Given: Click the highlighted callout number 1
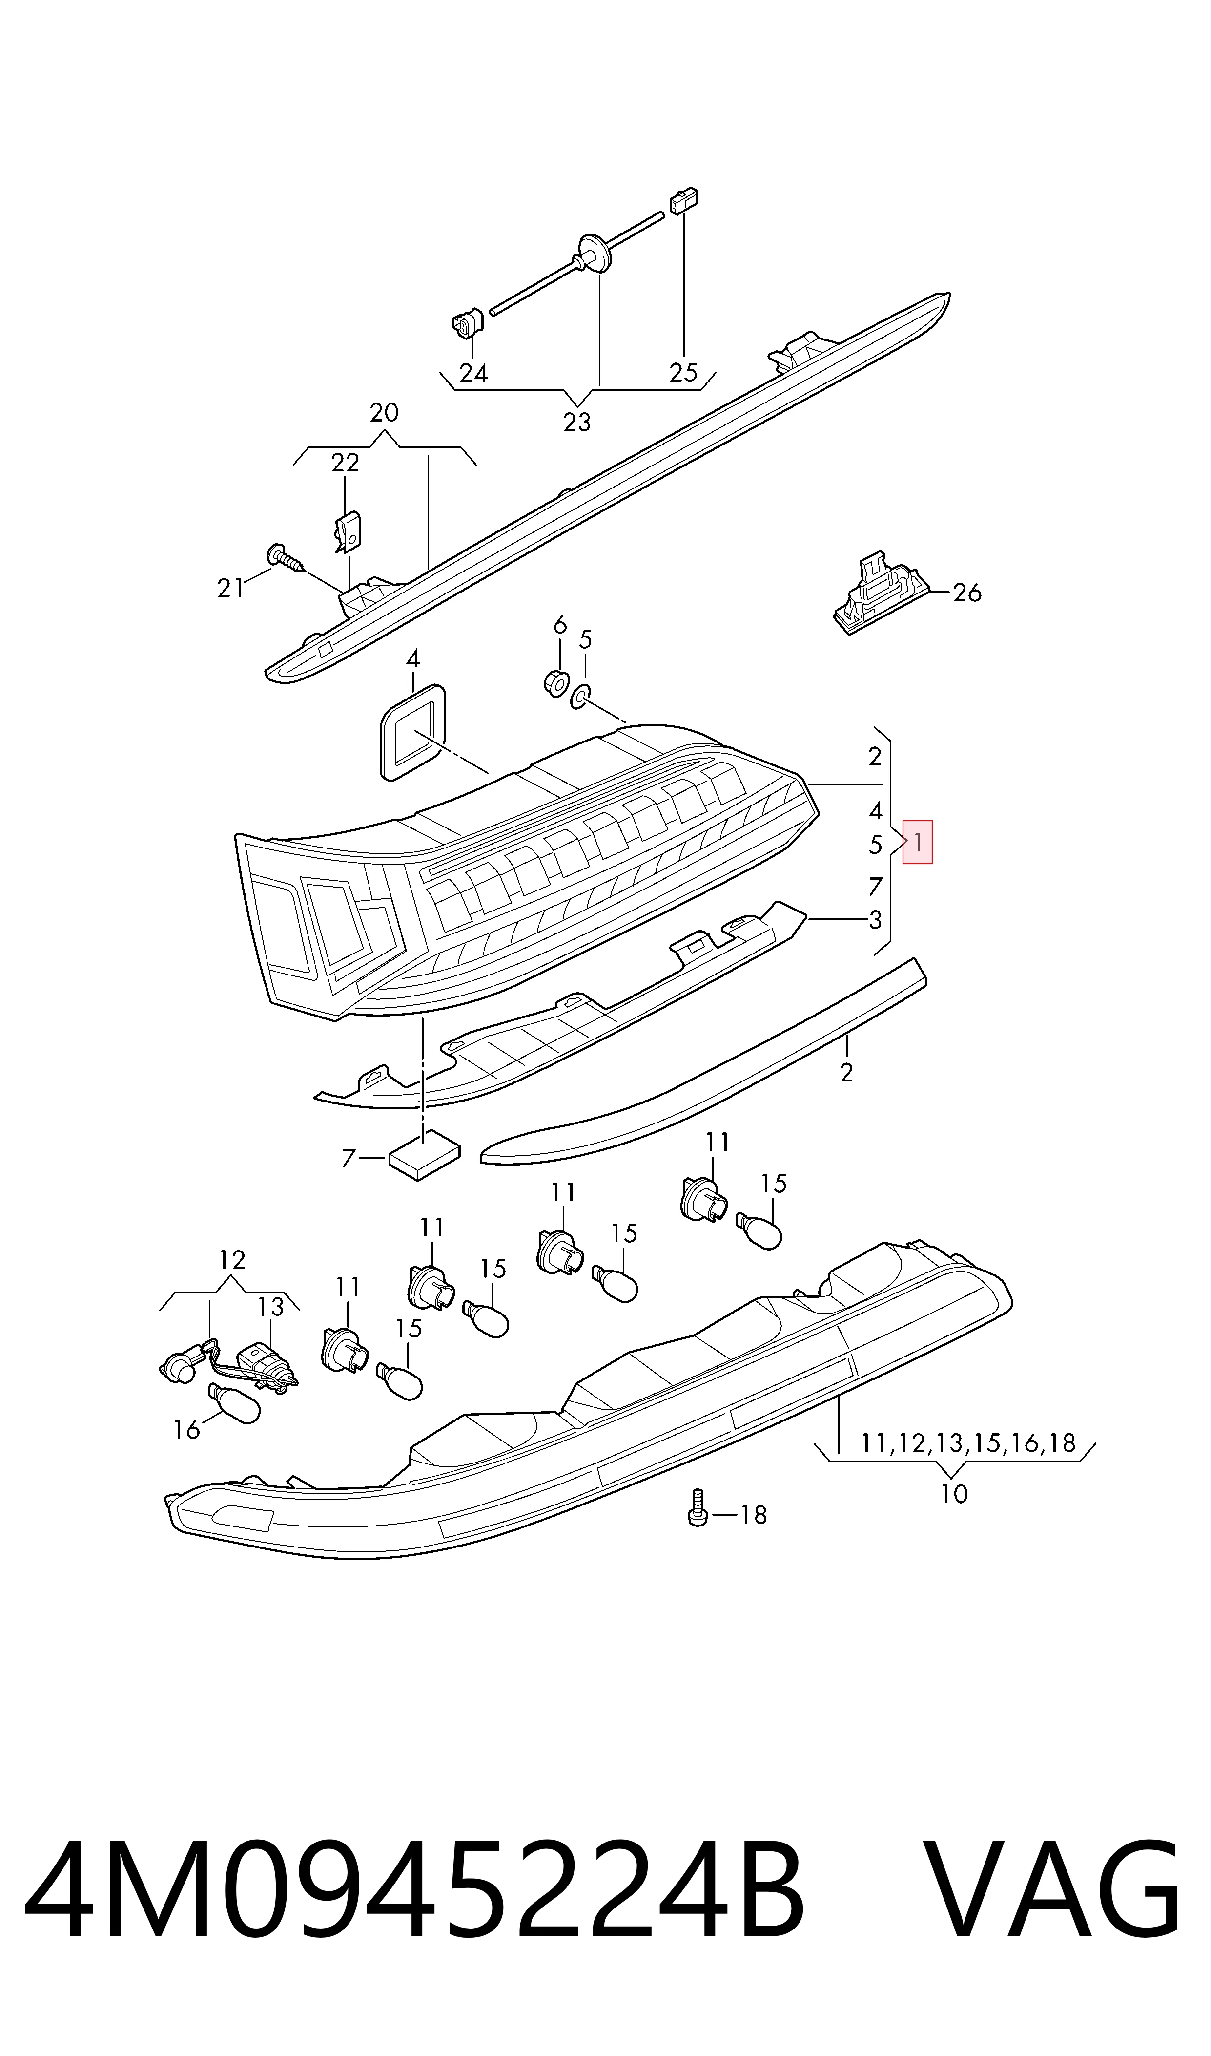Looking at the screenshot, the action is pos(917,842).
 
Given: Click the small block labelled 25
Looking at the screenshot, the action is pos(685,201).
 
